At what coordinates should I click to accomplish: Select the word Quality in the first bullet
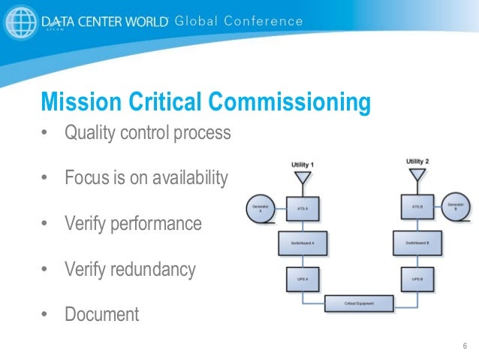(x=90, y=133)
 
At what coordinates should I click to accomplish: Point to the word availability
(x=185, y=178)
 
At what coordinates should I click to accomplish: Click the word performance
(x=165, y=223)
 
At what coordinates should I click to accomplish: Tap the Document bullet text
(x=102, y=313)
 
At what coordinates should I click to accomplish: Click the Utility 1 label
(x=303, y=164)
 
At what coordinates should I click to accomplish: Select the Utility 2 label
(x=418, y=162)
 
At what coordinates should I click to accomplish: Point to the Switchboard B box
(x=417, y=242)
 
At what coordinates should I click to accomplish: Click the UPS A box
(x=302, y=278)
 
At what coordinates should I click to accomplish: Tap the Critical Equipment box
(x=360, y=304)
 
